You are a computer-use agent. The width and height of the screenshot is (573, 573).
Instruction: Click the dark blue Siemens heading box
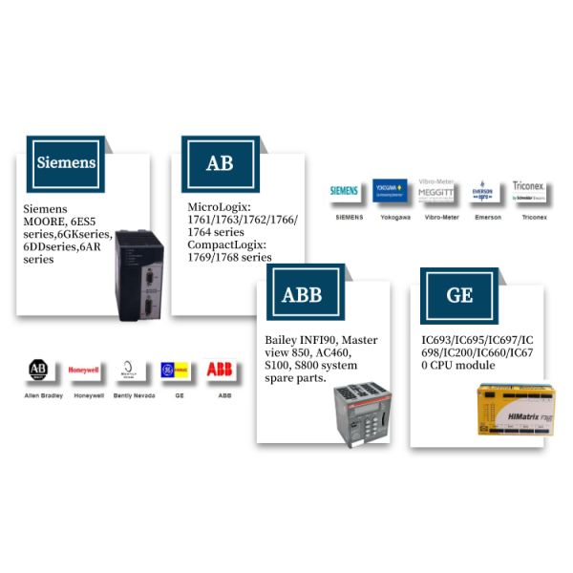[66, 161]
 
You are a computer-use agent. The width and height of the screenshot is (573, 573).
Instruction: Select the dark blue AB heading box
[219, 163]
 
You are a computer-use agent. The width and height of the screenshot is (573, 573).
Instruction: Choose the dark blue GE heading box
[459, 293]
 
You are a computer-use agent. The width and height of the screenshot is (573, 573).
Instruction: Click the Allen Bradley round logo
[39, 371]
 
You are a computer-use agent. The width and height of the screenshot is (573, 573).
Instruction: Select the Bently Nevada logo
[132, 371]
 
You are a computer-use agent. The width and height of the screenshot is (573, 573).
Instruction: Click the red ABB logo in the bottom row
[222, 371]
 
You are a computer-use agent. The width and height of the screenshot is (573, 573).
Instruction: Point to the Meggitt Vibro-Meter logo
[437, 191]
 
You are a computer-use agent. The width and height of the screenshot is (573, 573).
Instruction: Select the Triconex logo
[529, 188]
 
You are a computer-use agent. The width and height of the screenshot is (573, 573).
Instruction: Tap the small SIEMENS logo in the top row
[345, 191]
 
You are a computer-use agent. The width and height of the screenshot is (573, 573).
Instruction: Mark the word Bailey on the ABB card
[286, 340]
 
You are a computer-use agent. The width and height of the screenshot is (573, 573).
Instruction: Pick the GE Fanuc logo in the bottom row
[179, 371]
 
